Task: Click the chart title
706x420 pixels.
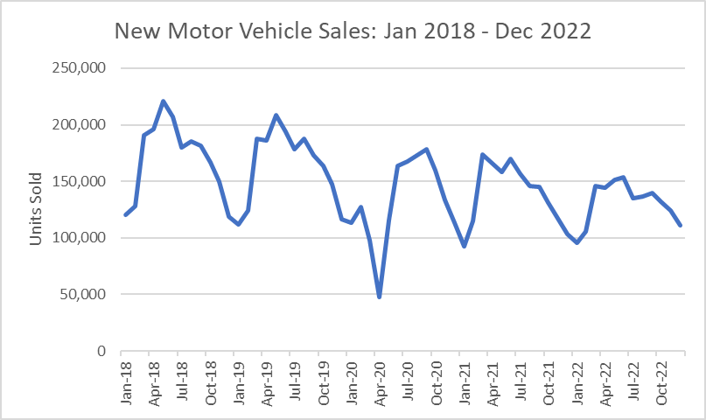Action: tap(353, 32)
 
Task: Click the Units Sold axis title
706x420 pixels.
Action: tap(36, 210)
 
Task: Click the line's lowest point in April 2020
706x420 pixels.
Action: tap(380, 297)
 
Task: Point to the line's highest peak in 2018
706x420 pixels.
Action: tap(163, 101)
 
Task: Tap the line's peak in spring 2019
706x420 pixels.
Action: tap(276, 115)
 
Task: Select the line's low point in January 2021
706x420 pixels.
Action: tap(465, 246)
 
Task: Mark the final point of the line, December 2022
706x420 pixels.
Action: tap(682, 226)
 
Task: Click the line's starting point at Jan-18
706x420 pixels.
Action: tap(125, 215)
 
